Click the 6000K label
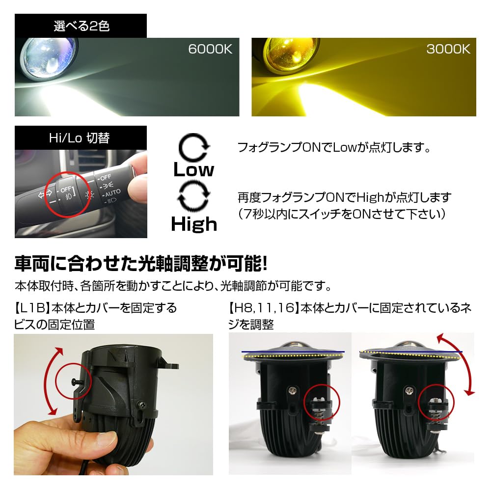[x=210, y=50]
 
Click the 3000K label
[x=448, y=50]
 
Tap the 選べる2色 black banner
[x=81, y=26]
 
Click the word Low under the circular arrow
[x=193, y=170]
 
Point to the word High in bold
[x=194, y=224]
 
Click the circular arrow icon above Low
[x=193, y=147]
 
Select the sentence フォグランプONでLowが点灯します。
[x=333, y=147]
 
